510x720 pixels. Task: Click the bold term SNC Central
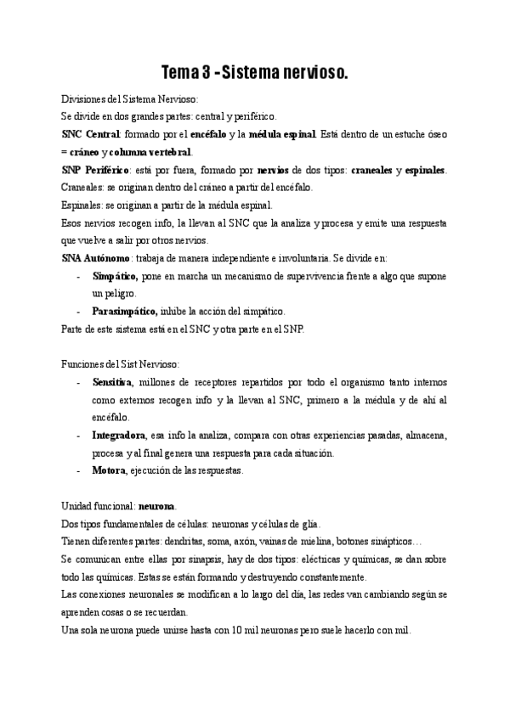[91, 134]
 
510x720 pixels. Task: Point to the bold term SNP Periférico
[94, 170]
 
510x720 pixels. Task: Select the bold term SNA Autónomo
[96, 258]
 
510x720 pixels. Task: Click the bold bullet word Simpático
[116, 276]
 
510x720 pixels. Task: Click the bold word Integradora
[119, 436]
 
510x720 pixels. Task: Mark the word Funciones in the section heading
[83, 364]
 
